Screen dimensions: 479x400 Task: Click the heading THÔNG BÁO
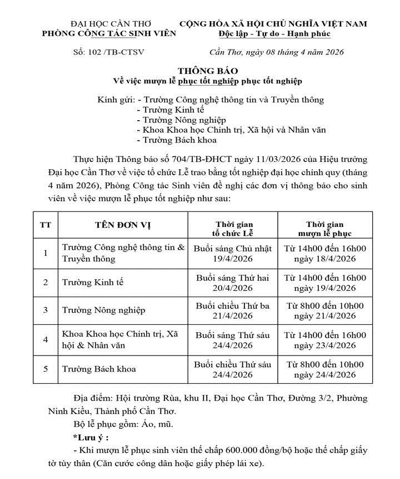[x=208, y=71]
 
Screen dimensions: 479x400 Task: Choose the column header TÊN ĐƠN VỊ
[x=122, y=225]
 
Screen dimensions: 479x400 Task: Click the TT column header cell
[x=46, y=225]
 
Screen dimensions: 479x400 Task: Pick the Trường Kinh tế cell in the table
[x=93, y=282]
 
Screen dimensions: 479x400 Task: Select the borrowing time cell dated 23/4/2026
[x=325, y=340]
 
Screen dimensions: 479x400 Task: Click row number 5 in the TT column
[x=46, y=368]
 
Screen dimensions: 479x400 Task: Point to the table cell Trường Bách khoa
[x=99, y=368]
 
